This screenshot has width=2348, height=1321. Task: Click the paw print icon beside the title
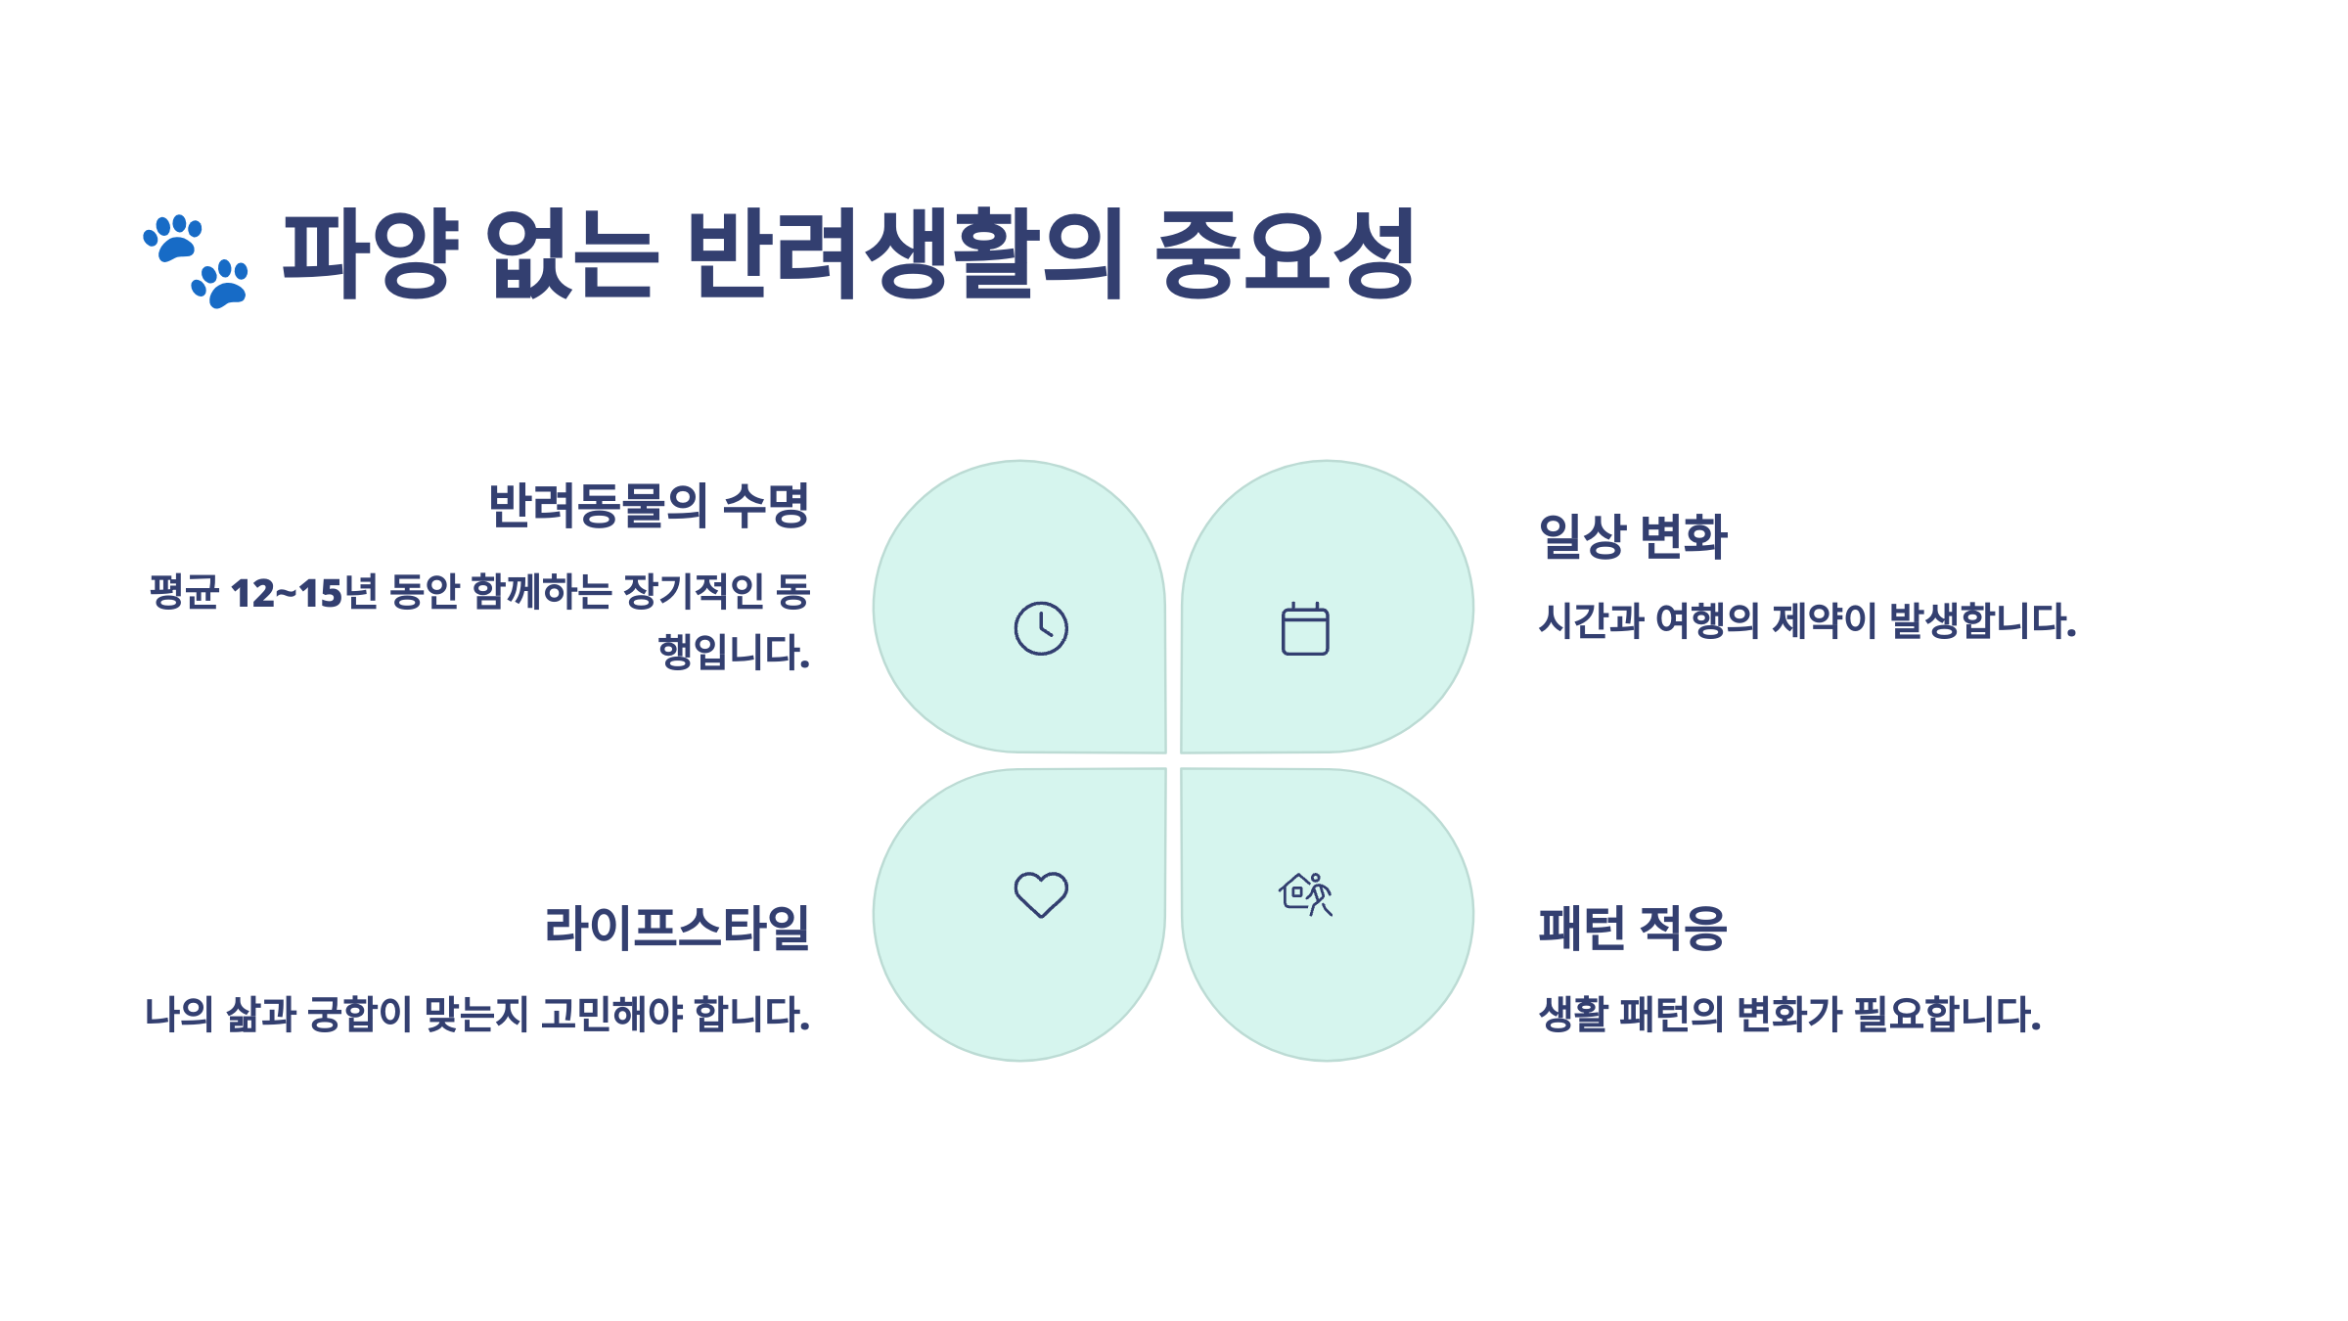196,260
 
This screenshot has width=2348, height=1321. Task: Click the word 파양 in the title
370,253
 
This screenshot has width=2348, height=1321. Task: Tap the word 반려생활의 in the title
905,253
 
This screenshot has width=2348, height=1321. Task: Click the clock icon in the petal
1041,628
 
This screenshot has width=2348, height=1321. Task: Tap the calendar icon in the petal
1305,628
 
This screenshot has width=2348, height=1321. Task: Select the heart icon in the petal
1041,894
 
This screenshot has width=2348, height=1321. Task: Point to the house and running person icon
1305,894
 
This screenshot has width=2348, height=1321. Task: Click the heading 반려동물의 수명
649,506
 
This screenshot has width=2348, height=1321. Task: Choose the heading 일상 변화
1633,536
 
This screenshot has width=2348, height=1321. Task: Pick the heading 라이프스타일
677,928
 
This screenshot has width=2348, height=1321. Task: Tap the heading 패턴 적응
1633,928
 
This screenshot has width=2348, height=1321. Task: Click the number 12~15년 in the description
303,592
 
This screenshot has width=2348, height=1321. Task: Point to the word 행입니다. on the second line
734,652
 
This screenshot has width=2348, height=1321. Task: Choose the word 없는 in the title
572,253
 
